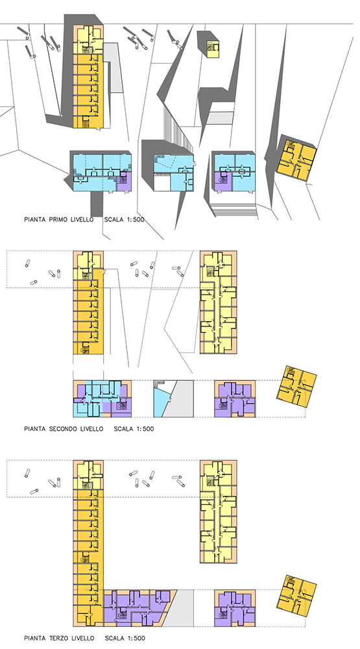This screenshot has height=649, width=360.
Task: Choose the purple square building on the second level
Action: click(x=235, y=399)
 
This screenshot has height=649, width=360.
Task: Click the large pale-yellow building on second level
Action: click(x=219, y=302)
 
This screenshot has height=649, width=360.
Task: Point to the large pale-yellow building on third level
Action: click(x=219, y=511)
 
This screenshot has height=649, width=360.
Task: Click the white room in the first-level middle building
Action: click(x=162, y=182)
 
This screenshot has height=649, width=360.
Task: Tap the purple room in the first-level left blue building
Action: click(x=124, y=182)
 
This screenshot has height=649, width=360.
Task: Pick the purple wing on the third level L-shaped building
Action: click(x=137, y=607)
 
